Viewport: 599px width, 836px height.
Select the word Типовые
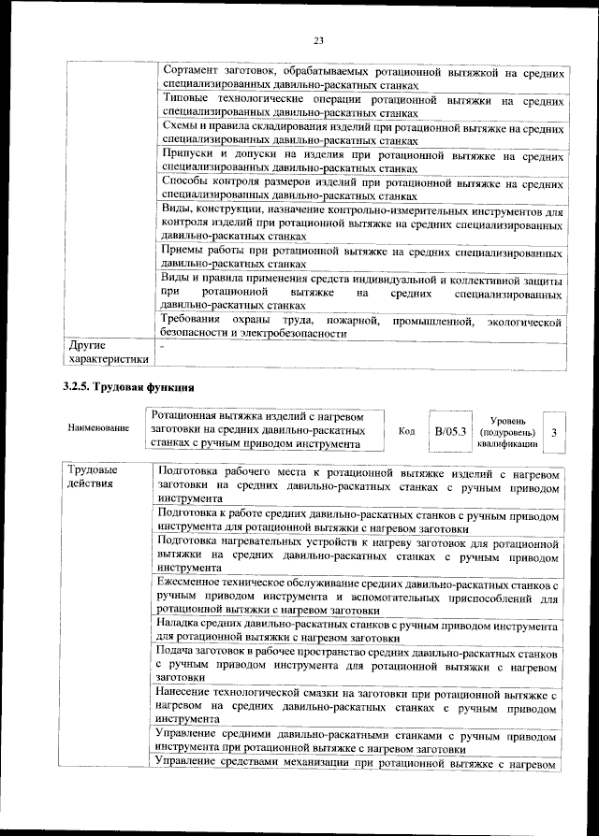tap(187, 99)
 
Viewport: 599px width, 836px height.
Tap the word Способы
tap(187, 180)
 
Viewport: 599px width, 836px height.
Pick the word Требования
tap(197, 322)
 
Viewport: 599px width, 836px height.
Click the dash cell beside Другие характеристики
tap(163, 346)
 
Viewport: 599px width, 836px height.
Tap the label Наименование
tap(97, 428)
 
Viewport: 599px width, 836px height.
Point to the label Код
tap(406, 431)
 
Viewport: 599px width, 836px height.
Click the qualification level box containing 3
tap(554, 432)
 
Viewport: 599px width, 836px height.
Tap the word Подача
tap(179, 650)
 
